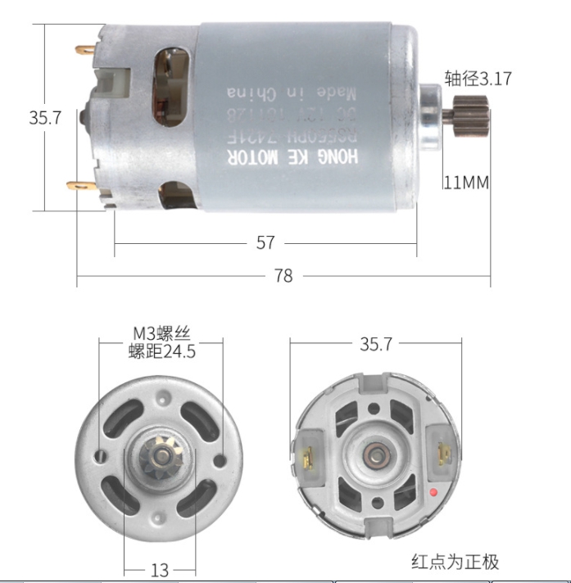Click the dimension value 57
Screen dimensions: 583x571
click(x=265, y=243)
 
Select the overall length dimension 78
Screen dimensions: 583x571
click(x=283, y=276)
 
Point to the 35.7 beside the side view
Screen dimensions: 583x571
click(x=45, y=118)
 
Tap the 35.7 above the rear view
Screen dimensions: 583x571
click(x=375, y=345)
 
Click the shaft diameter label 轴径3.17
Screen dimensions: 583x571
click(x=478, y=79)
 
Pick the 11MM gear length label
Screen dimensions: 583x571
click(x=465, y=182)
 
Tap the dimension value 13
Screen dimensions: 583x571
click(x=161, y=569)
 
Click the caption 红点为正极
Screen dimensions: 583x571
click(x=455, y=562)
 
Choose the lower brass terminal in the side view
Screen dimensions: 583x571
click(x=79, y=186)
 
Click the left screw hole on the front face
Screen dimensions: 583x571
click(x=102, y=452)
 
